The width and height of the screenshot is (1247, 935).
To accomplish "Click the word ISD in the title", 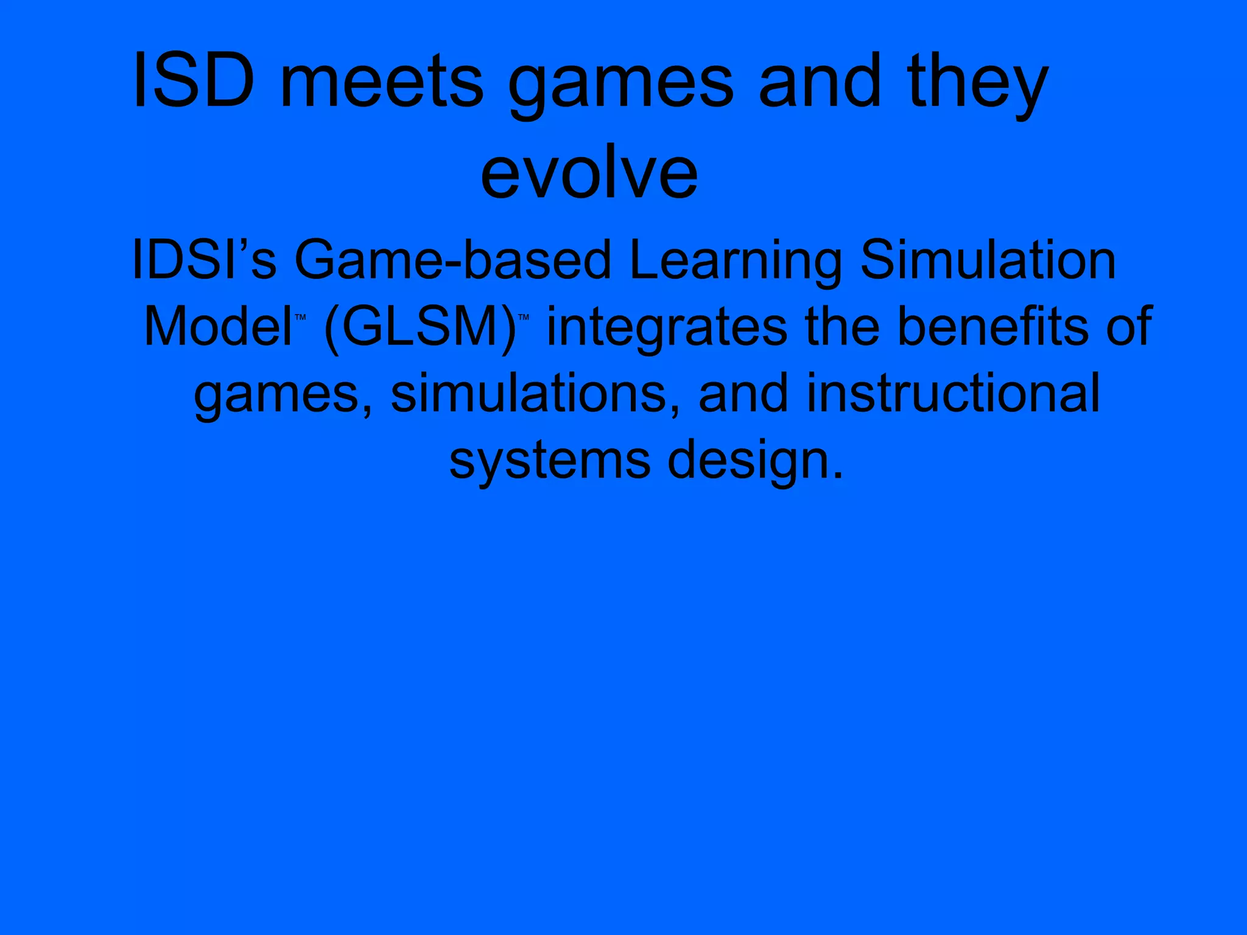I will (194, 80).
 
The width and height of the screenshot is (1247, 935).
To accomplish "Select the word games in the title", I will (621, 85).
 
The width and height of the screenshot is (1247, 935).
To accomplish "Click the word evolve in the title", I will (589, 173).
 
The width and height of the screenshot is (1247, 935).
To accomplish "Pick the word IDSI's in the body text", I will (204, 260).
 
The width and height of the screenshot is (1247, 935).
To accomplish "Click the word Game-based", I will (452, 260).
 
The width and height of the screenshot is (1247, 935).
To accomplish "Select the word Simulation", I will (988, 260).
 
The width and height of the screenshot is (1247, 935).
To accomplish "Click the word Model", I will (217, 327).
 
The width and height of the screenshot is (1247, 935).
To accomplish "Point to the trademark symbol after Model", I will (300, 317).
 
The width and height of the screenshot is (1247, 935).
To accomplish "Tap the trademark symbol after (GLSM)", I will (524, 317).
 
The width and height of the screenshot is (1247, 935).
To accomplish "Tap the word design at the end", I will (755, 461).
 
